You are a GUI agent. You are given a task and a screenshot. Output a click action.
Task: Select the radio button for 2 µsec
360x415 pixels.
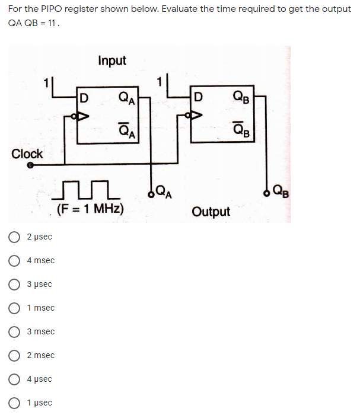click(x=14, y=237)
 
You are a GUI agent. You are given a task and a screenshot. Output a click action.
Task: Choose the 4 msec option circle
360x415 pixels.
click(x=14, y=261)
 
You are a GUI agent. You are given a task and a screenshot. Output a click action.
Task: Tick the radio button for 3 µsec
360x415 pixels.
click(x=14, y=285)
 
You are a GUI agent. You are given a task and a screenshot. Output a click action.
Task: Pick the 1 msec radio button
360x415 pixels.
click(x=14, y=308)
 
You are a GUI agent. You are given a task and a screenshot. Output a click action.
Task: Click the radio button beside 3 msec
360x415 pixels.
click(x=14, y=332)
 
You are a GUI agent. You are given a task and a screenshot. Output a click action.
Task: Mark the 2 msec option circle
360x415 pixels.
click(x=14, y=356)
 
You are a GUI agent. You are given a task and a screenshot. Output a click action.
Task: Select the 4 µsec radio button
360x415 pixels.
click(x=14, y=379)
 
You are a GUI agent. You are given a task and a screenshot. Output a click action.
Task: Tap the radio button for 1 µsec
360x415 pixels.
click(x=14, y=403)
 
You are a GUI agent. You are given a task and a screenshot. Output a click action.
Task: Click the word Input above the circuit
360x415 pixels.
click(x=112, y=60)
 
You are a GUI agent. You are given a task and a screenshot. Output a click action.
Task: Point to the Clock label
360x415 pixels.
click(x=27, y=154)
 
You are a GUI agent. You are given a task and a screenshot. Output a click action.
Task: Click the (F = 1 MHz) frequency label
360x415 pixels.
click(x=90, y=209)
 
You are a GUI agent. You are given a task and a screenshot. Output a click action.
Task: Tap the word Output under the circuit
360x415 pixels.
click(x=211, y=212)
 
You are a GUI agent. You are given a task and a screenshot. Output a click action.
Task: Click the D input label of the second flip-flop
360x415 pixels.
click(x=198, y=97)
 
